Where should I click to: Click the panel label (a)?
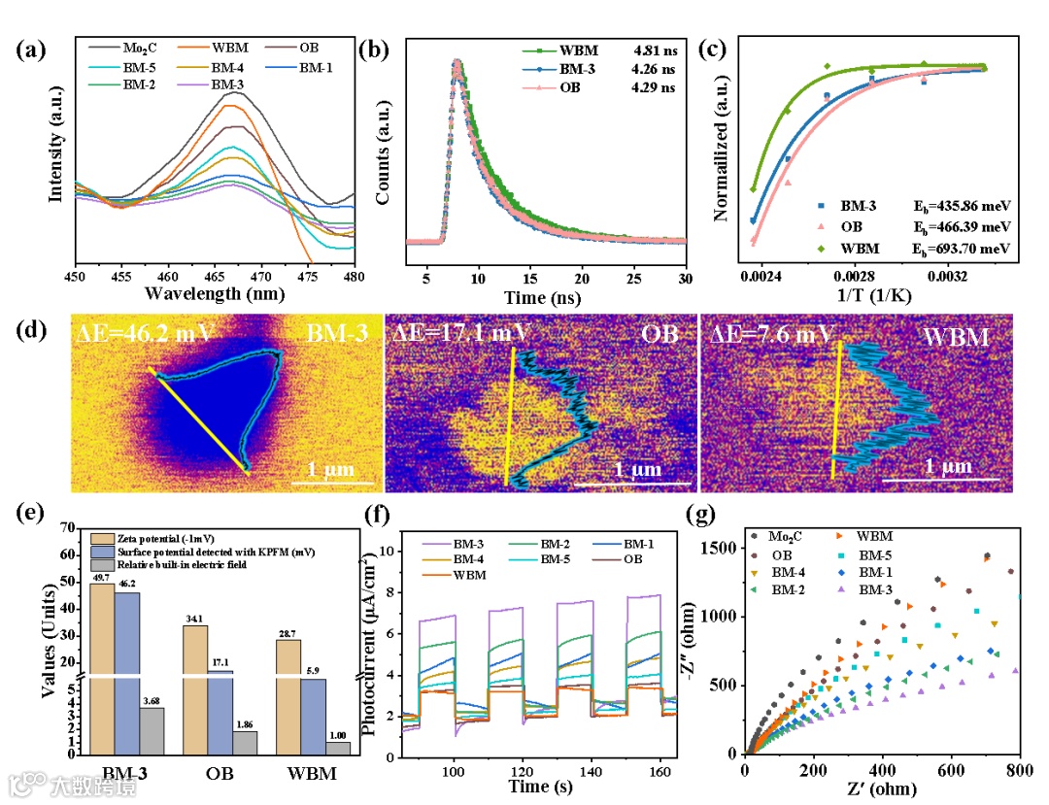pos(31,50)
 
